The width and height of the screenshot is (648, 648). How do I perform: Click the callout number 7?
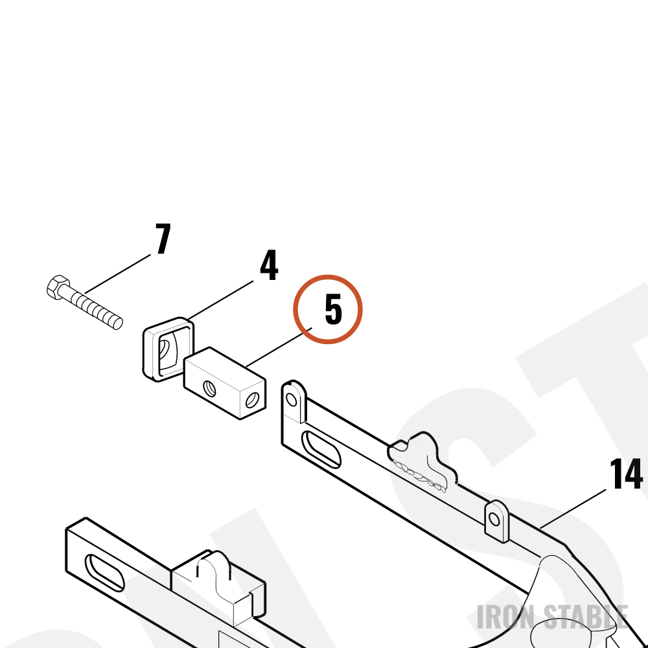point(163,238)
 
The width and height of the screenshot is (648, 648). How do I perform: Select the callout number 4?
point(269,265)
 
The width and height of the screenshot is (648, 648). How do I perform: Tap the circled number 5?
point(334,308)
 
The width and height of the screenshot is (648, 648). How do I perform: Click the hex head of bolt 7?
point(58,287)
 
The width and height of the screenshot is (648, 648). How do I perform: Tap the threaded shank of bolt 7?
point(93,307)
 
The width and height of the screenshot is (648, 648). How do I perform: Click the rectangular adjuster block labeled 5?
point(225,383)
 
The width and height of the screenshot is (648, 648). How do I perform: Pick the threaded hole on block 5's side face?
point(209,389)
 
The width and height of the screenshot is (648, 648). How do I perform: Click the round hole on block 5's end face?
point(252,400)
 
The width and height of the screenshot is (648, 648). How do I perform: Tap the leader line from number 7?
point(118,274)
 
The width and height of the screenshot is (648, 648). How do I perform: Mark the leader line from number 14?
point(573,509)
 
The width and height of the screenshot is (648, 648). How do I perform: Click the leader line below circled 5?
point(279,347)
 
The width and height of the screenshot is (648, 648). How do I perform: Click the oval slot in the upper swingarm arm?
point(321,450)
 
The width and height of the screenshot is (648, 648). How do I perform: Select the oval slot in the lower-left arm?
point(104,573)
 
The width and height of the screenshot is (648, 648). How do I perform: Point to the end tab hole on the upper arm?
point(292,400)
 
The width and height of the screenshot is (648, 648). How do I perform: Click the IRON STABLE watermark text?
point(553,617)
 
